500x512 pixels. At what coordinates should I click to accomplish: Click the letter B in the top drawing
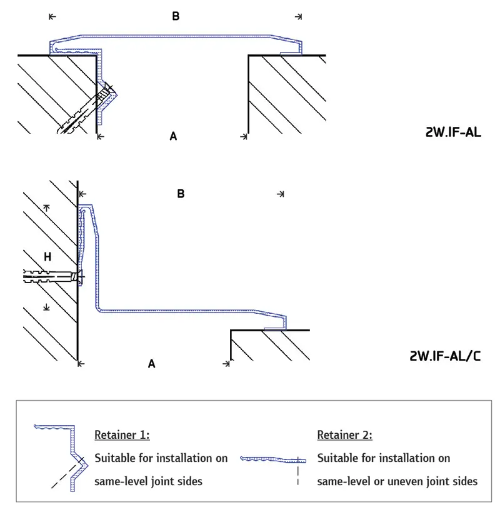coord(176,16)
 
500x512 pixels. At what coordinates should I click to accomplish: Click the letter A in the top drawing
coord(173,136)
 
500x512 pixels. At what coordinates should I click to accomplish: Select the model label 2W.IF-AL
coord(453,133)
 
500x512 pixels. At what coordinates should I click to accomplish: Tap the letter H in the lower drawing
coord(47,256)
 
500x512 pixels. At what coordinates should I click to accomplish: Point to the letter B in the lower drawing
coord(181,194)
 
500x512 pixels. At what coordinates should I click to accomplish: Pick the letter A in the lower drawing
coord(151,363)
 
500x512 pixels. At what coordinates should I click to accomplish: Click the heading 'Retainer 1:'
coord(122,434)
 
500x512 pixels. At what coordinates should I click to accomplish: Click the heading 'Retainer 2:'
coord(345,434)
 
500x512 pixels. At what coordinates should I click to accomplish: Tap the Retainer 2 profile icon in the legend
coord(273,461)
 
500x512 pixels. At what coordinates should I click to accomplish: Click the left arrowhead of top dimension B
coord(51,16)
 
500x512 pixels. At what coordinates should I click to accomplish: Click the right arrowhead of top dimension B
coord(299,16)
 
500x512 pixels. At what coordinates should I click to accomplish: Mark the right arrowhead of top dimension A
coord(246,136)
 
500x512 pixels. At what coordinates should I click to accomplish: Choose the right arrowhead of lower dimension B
coord(281,194)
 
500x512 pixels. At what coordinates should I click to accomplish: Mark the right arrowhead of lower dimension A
coord(227,363)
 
